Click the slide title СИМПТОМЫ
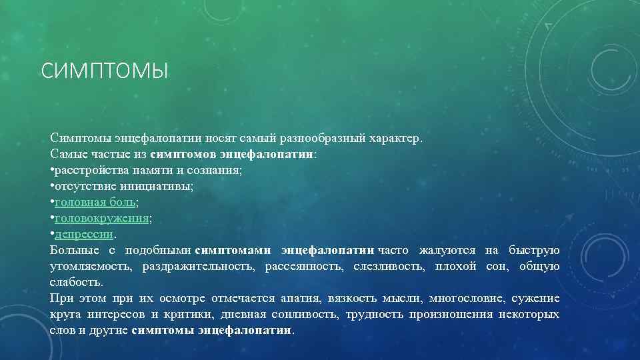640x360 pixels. pos(105,71)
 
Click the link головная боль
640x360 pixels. pos(95,202)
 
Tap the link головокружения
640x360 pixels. pos(102,218)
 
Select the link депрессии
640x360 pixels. pos(85,234)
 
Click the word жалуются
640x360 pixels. pos(447,250)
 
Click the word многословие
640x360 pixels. pos(468,298)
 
